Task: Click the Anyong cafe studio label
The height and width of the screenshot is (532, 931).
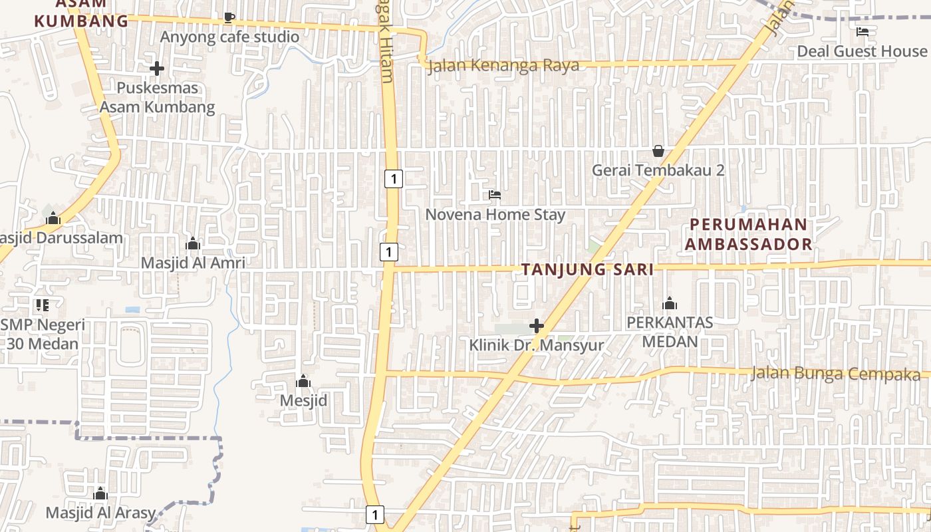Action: pyautogui.click(x=229, y=37)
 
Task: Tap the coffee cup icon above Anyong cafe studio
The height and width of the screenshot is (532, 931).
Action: pyautogui.click(x=229, y=17)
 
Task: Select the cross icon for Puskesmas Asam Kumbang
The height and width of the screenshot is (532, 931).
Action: pyautogui.click(x=157, y=68)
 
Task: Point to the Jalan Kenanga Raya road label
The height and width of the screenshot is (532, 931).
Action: pyautogui.click(x=503, y=66)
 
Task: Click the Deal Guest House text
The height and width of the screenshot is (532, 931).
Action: pyautogui.click(x=861, y=51)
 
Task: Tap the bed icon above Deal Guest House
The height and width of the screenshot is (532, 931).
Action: pyautogui.click(x=863, y=31)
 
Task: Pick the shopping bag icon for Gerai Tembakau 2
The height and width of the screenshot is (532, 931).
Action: pyautogui.click(x=658, y=151)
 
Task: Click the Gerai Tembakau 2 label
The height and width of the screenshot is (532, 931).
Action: pyautogui.click(x=658, y=170)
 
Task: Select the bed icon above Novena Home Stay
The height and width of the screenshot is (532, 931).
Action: pyautogui.click(x=495, y=195)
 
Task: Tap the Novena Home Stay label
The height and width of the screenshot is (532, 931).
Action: pyautogui.click(x=495, y=215)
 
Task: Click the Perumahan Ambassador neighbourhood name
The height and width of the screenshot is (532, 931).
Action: pyautogui.click(x=749, y=234)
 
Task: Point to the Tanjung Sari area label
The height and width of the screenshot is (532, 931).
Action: pyautogui.click(x=587, y=269)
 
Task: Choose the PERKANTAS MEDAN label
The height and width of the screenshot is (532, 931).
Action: pyautogui.click(x=670, y=332)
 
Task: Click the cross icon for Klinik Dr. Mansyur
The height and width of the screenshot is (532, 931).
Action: pyautogui.click(x=537, y=326)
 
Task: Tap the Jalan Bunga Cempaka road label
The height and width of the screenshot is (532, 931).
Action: pyautogui.click(x=835, y=374)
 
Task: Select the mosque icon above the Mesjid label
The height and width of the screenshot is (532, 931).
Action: pyautogui.click(x=303, y=381)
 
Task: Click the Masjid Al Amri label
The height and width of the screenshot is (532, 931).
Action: pyautogui.click(x=193, y=263)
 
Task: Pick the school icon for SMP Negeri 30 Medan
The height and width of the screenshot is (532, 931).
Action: pyautogui.click(x=43, y=305)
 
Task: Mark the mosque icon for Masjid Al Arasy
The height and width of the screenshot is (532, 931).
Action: pyautogui.click(x=100, y=493)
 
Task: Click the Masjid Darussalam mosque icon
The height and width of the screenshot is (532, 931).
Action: pyautogui.click(x=53, y=218)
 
